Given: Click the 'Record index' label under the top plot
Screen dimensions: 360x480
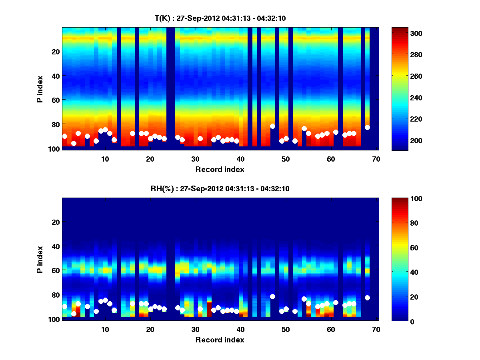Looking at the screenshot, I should point(220,169).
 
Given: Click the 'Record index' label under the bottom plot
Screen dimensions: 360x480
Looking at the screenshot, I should point(220,340).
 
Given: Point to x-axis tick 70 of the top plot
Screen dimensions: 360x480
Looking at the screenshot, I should point(376,158).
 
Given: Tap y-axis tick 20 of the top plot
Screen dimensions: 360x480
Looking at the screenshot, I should point(55,51).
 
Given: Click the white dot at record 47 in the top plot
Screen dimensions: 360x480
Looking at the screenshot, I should point(272,126).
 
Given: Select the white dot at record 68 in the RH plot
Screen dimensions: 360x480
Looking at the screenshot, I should point(367,298).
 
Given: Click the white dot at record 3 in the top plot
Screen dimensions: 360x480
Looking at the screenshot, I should point(74,143).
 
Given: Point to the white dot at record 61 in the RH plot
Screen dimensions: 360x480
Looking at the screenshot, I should point(336,302).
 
